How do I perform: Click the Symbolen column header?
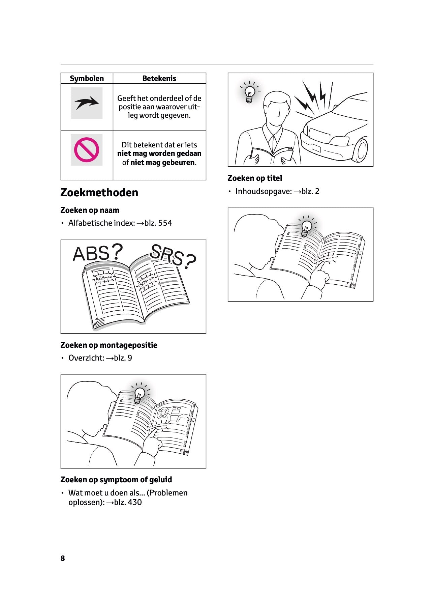pos(87,78)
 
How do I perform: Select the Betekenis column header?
pos(159,78)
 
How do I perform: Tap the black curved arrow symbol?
pos(87,103)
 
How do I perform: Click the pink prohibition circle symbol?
pos(87,150)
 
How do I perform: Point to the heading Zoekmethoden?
pos(99,192)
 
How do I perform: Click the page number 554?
pos(165,223)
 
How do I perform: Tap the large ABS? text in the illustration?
pos(98,253)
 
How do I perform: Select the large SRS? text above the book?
pos(173,255)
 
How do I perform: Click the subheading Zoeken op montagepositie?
pos(109,345)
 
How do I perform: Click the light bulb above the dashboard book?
pos(139,395)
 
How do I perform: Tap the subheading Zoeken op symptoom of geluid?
pos(116,480)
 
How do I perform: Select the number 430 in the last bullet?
pos(135,502)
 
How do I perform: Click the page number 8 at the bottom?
pos(63,558)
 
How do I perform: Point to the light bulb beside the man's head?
pos(250,93)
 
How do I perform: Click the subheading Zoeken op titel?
pos(255,178)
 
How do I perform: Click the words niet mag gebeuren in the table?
pos(163,163)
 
